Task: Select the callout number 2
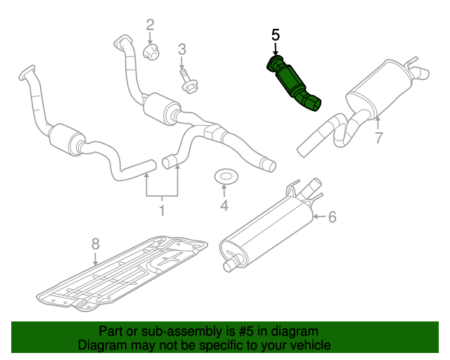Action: click(150, 27)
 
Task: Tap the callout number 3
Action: click(181, 50)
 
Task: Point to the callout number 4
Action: click(224, 206)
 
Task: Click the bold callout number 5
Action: click(275, 34)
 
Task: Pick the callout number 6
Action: click(333, 217)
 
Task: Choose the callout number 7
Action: click(378, 139)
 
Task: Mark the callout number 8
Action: click(96, 244)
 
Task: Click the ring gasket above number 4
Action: click(224, 175)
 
